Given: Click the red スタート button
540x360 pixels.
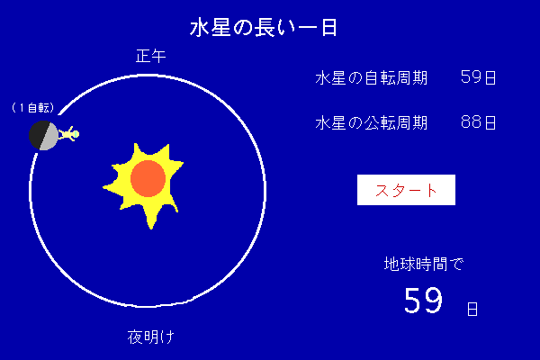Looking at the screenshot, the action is click(406, 190).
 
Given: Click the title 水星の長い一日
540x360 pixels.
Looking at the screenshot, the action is click(264, 28).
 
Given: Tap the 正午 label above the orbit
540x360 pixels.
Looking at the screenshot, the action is click(151, 56).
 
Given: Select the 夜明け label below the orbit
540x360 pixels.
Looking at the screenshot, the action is click(151, 337).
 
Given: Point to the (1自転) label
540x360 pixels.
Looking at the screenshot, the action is click(33, 108).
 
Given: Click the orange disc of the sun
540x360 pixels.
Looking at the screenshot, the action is click(148, 178).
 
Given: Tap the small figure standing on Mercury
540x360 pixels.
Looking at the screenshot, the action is click(68, 134).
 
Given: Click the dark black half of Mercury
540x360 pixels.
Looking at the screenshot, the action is click(38, 134).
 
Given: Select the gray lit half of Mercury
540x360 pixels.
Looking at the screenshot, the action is click(49, 137).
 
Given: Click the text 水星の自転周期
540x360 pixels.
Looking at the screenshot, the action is click(371, 78).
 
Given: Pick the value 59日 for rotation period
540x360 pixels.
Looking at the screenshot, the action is click(478, 77).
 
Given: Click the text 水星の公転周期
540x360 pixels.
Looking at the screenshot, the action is click(371, 122).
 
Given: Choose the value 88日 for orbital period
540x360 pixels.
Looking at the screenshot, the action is click(478, 122).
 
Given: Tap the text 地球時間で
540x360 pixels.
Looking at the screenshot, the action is click(424, 265).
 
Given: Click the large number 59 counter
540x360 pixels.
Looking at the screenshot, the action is click(423, 301).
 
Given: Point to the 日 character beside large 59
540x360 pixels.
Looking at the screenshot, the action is click(472, 309).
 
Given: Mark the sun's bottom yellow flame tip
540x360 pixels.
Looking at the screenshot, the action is click(151, 229).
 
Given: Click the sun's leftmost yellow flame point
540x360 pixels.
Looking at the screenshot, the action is click(103, 188).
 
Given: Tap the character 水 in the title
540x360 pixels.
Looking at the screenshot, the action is click(199, 28).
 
